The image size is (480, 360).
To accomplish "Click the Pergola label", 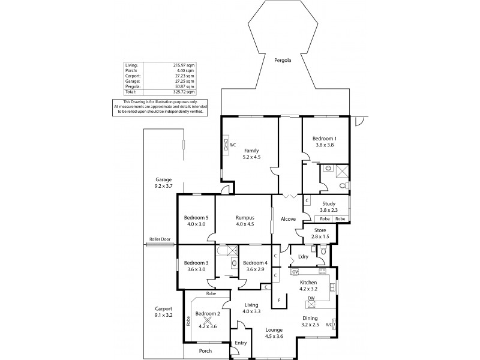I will point(283,61).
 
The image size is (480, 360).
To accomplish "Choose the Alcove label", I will point(288,219).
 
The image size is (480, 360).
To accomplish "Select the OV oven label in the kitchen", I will point(295,272).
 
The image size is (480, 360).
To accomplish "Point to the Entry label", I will point(241,343).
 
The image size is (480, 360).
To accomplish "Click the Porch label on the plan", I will point(205,351).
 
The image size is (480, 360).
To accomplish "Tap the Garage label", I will point(164,179).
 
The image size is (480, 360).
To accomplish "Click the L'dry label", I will point(304,258).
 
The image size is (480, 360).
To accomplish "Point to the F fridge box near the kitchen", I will point(279,299).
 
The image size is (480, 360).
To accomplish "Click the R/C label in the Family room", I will point(233,145).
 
